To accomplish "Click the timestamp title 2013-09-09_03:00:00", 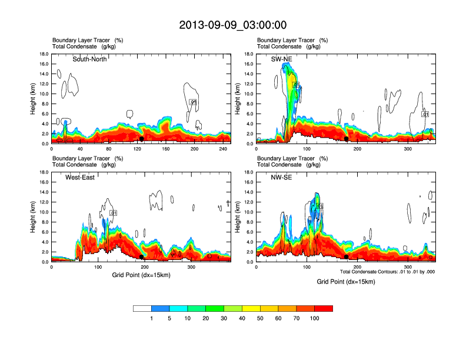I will (233, 25).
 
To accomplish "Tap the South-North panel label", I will (89, 59).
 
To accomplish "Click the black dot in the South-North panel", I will (141, 139).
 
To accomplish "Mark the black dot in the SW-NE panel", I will (346, 139).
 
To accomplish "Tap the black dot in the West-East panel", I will (142, 257).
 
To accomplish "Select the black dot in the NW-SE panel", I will (346, 256).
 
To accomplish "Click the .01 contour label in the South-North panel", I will (192, 102).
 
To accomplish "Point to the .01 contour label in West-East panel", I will (114, 213).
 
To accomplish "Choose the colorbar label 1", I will (151, 318).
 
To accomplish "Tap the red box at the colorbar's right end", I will (324, 308).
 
